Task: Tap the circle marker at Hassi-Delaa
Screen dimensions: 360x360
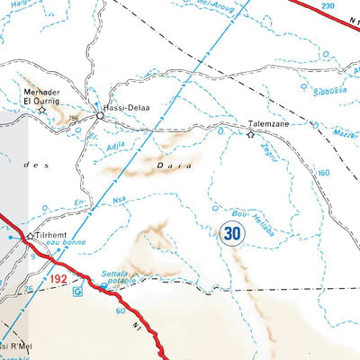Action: point(99,114)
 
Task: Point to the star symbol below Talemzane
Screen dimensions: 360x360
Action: point(251,135)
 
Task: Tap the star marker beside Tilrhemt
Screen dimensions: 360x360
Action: point(30,236)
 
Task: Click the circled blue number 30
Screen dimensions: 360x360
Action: point(231,233)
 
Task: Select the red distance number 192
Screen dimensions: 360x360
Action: point(59,281)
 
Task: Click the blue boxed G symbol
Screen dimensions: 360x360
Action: point(76,291)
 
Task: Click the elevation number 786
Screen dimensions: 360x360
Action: point(71,118)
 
